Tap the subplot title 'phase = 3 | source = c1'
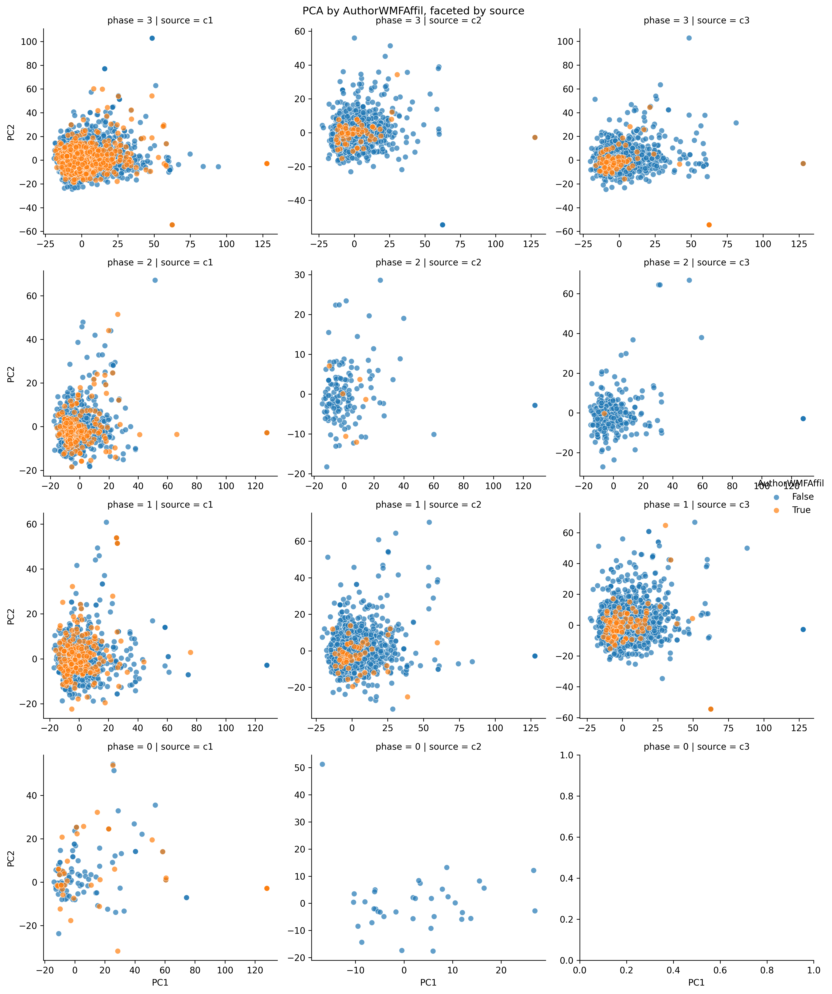pyautogui.click(x=160, y=20)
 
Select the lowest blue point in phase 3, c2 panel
pyautogui.click(x=442, y=225)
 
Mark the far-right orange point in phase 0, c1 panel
pyautogui.click(x=267, y=888)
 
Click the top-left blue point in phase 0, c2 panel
pyautogui.click(x=322, y=764)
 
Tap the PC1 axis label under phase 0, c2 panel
pyautogui.click(x=428, y=983)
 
